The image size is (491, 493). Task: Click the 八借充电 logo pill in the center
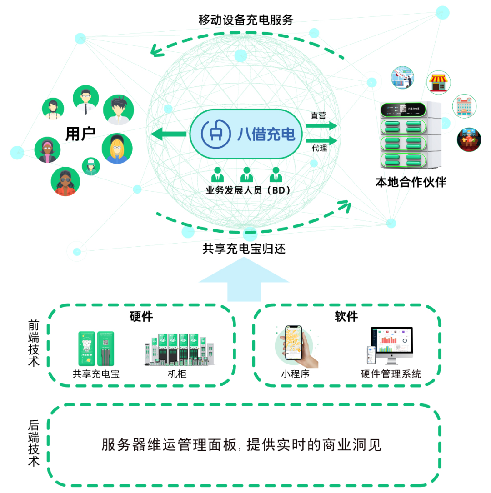click(x=246, y=134)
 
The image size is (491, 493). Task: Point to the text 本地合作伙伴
click(x=411, y=182)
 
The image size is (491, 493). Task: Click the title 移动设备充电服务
click(x=245, y=20)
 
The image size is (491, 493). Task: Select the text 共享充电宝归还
click(x=244, y=249)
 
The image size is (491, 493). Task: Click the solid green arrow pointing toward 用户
click(x=168, y=134)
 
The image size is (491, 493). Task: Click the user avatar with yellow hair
click(x=117, y=148)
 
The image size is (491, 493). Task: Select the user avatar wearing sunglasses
click(x=65, y=181)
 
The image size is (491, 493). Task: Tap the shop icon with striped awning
click(x=438, y=82)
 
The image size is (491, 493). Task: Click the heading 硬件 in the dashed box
click(x=141, y=316)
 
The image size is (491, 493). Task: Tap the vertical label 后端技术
click(x=34, y=443)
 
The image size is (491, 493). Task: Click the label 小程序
click(x=295, y=374)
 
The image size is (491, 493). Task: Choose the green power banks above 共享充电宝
click(x=96, y=349)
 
